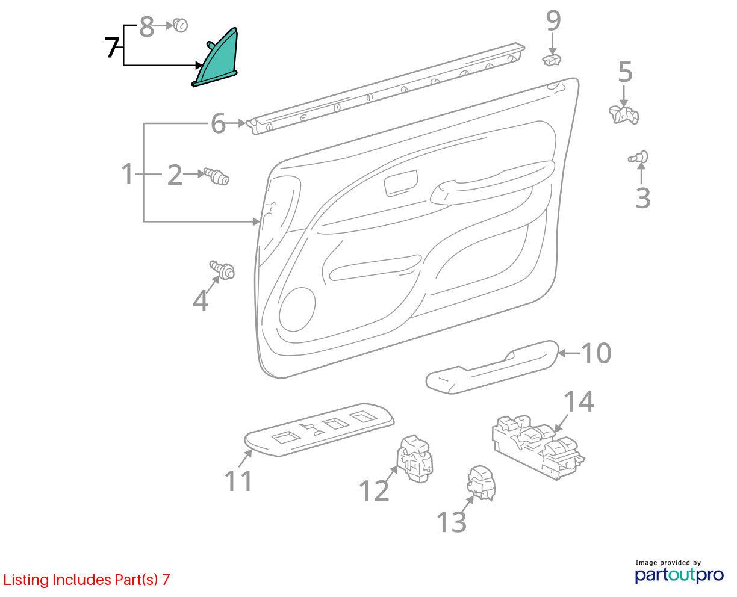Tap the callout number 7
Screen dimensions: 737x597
pyautogui.click(x=112, y=48)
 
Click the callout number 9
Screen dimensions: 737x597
pyautogui.click(x=553, y=20)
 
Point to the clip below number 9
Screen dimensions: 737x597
pyautogui.click(x=552, y=60)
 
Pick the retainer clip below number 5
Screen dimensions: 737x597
pyautogui.click(x=624, y=115)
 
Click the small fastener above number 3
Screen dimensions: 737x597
pyautogui.click(x=638, y=158)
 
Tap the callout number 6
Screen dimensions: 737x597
pyautogui.click(x=218, y=123)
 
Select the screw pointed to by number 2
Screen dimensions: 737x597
pyautogui.click(x=217, y=176)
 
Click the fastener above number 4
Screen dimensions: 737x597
pyautogui.click(x=222, y=270)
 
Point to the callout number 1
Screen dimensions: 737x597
pyautogui.click(x=128, y=174)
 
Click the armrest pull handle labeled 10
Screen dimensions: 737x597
pyautogui.click(x=492, y=367)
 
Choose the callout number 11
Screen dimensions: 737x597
pyautogui.click(x=238, y=481)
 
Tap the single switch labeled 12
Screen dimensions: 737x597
pyautogui.click(x=414, y=459)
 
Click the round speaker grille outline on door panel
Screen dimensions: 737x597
pyautogui.click(x=297, y=309)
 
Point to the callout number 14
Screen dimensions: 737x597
pyautogui.click(x=579, y=401)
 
